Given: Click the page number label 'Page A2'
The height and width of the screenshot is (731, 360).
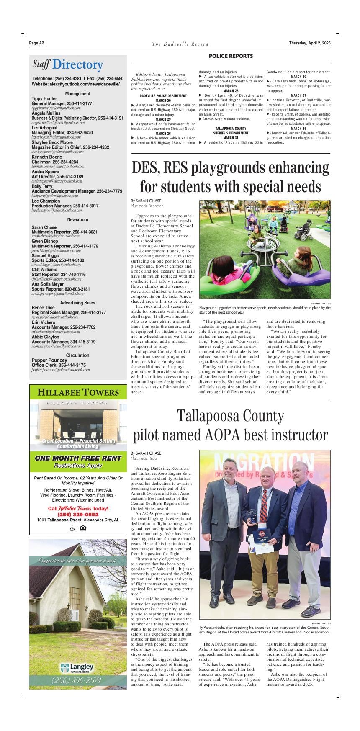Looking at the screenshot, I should tap(37, 43).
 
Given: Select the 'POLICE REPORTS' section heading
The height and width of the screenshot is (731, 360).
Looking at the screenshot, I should tap(231, 56).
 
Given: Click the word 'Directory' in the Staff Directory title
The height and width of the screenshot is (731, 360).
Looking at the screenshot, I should tap(77, 65).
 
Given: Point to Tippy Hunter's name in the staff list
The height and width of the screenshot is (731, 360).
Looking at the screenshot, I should tap(44, 99).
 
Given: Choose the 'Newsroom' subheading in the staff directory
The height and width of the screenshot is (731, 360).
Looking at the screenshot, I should tap(77, 219).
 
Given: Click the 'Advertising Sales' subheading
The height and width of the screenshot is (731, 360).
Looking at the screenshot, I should tap(77, 303).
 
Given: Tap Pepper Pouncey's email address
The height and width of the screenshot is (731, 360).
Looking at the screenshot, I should tap(61, 370).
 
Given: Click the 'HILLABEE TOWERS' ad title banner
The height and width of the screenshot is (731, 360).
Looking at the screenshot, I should tap(78, 392).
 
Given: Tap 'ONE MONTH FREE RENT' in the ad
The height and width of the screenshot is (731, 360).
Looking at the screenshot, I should tap(78, 458).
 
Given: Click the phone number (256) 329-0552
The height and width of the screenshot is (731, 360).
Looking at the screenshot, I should tap(78, 515).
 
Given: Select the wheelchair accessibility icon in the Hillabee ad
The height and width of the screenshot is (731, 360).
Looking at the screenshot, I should tap(72, 528).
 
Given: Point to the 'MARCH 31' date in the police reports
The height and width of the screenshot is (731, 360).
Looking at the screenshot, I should tap(231, 138).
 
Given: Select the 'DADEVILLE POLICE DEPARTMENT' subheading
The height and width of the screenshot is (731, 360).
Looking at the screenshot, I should tap(163, 96).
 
